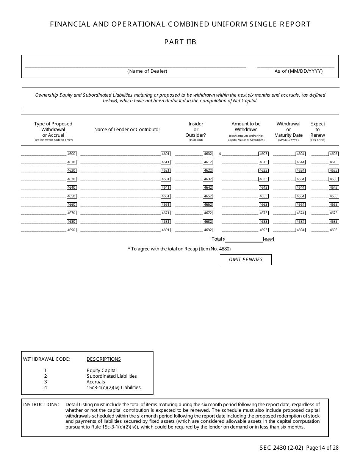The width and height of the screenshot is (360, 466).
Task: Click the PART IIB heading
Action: coord(180,42)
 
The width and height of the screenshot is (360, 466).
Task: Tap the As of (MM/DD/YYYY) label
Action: coord(299,71)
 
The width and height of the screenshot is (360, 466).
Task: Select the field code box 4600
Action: coord(72,154)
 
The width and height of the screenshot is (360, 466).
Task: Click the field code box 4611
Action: coord(166,162)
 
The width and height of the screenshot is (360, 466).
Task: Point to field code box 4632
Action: coord(208,179)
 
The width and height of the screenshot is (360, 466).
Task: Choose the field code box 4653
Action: coord(263,196)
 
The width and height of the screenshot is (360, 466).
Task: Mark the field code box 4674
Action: coord(301,213)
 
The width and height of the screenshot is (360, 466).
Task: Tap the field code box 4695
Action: coord(333,230)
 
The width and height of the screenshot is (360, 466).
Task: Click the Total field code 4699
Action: coord(268,239)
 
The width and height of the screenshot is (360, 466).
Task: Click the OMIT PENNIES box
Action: coord(246,260)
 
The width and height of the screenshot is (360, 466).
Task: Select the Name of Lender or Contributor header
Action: coord(127,130)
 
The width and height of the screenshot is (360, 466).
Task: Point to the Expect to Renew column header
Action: coord(318,130)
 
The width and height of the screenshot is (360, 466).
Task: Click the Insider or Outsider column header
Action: coord(196,130)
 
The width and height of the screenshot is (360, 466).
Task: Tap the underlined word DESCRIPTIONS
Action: coord(104,359)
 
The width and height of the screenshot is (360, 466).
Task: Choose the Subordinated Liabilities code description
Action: coord(111,376)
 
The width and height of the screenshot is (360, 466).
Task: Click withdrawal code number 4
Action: coord(45,388)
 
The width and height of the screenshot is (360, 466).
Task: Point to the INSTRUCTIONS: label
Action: coord(41,405)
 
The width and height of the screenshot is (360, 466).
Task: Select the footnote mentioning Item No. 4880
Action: coord(179,249)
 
